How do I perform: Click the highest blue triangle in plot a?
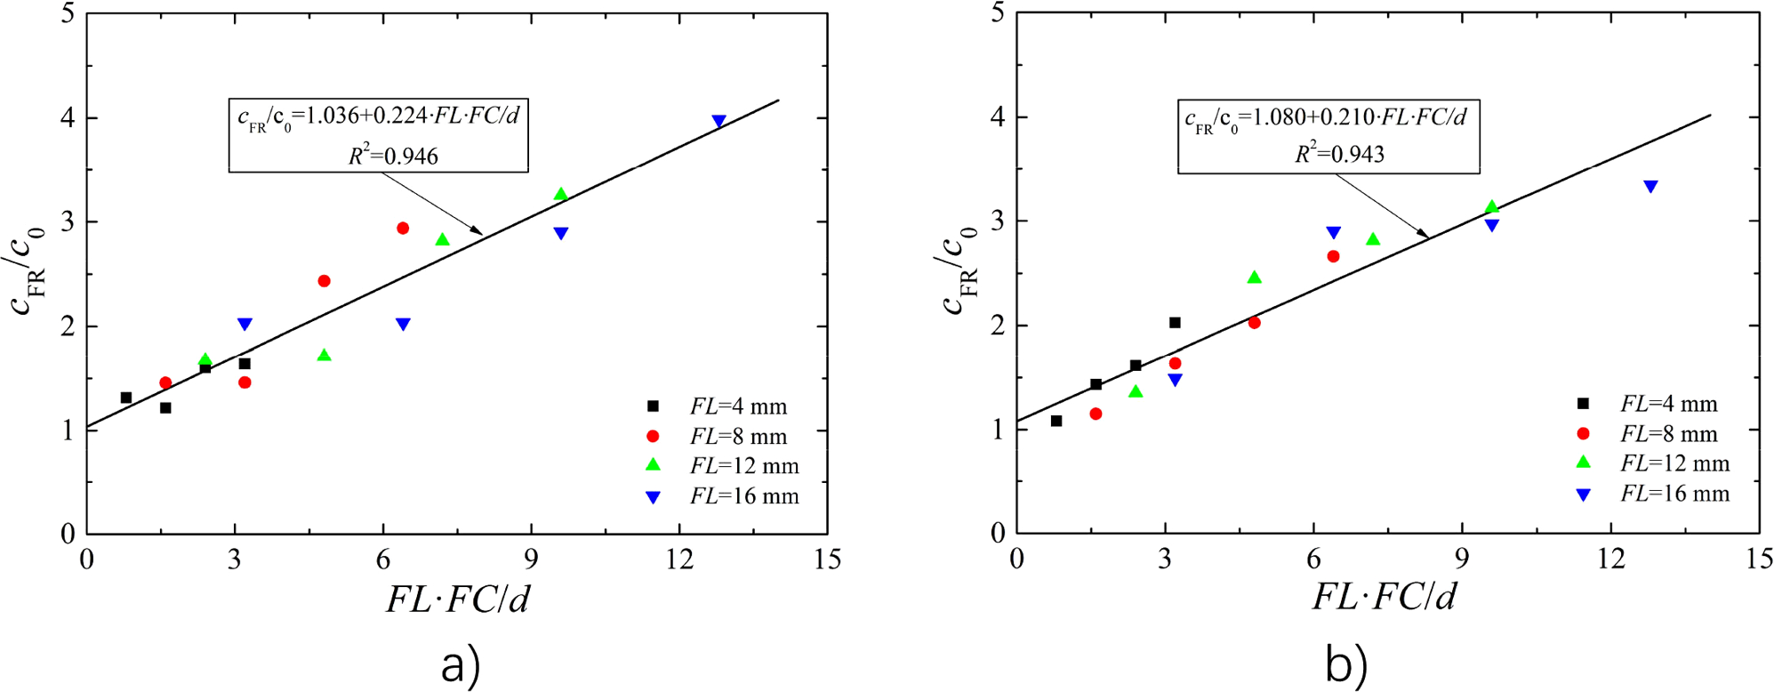(x=718, y=121)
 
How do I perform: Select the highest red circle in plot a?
(x=403, y=229)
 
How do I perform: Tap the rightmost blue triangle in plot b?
(x=1650, y=187)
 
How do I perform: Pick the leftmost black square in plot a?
(x=126, y=398)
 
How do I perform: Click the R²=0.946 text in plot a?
(x=393, y=156)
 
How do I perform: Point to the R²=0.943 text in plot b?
(x=1339, y=154)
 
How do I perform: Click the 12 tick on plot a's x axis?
(x=679, y=559)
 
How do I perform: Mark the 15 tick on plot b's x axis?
(x=1759, y=559)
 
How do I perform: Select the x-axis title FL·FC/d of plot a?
(x=458, y=599)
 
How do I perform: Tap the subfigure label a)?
(x=460, y=665)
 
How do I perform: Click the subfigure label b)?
(x=1345, y=665)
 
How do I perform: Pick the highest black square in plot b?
(x=1175, y=323)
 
